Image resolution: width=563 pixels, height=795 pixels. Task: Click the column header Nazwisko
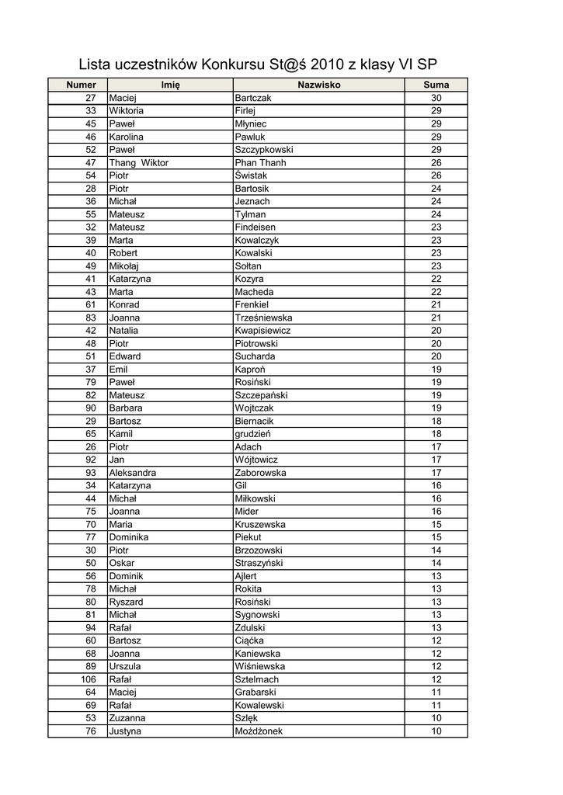318,85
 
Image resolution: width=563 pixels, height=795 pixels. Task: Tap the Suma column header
436,85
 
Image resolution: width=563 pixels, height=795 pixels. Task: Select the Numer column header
81,85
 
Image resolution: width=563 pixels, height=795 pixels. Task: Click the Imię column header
170,85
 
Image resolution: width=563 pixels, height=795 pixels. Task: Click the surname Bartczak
253,98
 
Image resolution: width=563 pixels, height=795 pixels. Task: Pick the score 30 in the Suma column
436,98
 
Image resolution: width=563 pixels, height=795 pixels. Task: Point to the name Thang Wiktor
138,162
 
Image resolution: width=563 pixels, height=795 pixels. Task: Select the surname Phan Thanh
260,162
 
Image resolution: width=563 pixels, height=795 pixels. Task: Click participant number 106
88,679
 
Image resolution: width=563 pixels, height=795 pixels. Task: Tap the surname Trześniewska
265,318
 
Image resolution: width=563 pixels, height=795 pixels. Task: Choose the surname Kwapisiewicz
263,330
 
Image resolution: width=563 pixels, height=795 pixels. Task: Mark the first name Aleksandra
132,473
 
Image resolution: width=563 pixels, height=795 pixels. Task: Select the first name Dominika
128,537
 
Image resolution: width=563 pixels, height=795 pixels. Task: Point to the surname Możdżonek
259,731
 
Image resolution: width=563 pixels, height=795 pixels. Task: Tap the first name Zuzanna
127,718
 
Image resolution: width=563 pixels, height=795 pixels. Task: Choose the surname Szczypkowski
263,149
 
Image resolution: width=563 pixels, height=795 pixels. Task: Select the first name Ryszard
126,602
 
